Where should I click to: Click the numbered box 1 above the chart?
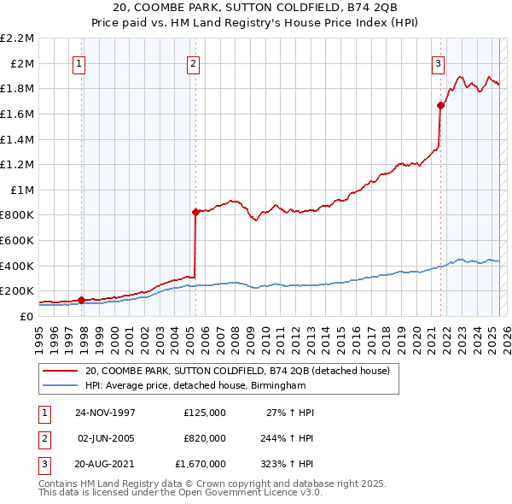point(78,62)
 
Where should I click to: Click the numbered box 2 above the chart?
point(193,62)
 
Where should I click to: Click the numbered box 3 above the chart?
point(438,62)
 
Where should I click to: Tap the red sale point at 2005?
point(195,212)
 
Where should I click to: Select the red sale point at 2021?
point(441,105)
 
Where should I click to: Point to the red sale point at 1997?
point(82,300)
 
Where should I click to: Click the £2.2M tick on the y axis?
point(17,38)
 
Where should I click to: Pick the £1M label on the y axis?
point(22,190)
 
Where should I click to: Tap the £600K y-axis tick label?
point(17,240)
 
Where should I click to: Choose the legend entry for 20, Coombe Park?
point(236,371)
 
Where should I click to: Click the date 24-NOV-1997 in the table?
point(105,413)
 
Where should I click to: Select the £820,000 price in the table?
point(204,438)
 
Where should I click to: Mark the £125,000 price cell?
point(204,413)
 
